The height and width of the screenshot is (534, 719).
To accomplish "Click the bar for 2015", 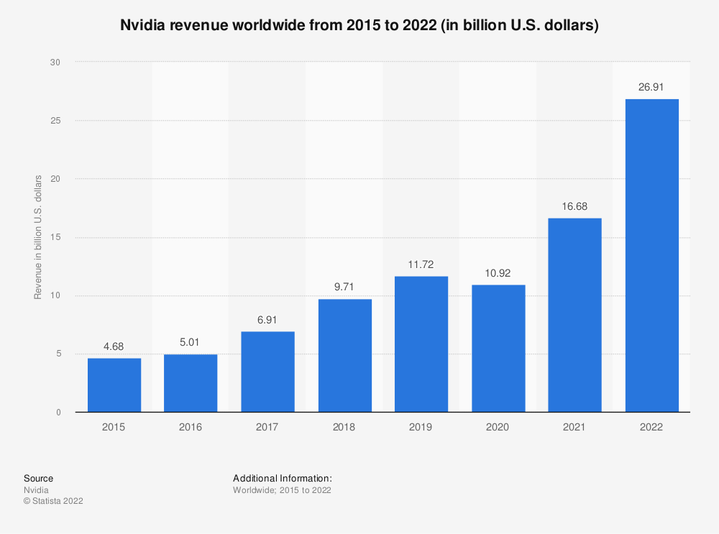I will click(114, 385).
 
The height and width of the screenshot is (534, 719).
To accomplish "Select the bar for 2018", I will click(345, 355).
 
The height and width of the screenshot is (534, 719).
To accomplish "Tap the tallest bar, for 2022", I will click(651, 255).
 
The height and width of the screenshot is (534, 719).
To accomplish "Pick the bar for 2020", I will click(498, 348).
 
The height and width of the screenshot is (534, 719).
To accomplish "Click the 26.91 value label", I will click(651, 87).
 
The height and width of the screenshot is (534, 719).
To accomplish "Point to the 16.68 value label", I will click(575, 206).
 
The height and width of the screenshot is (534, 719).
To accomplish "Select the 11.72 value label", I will click(421, 264).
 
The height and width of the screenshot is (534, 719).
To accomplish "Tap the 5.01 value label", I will click(191, 342).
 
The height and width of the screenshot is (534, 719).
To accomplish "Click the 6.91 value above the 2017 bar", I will click(267, 320).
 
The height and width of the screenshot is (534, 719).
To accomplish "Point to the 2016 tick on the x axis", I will click(191, 427).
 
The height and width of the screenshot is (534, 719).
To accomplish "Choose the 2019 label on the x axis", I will click(421, 427).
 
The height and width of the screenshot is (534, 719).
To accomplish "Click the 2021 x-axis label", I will click(575, 427).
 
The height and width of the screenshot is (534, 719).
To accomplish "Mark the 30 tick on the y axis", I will click(55, 63).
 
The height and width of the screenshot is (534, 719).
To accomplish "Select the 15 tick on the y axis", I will click(55, 237).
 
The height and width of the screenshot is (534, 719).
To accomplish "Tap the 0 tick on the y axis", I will click(57, 413).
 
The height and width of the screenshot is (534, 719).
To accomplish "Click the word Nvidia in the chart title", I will click(140, 25).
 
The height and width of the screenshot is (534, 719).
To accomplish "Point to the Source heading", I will click(38, 478).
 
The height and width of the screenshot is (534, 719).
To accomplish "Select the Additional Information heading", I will click(282, 478).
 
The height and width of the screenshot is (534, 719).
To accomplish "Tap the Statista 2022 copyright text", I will click(53, 501).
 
